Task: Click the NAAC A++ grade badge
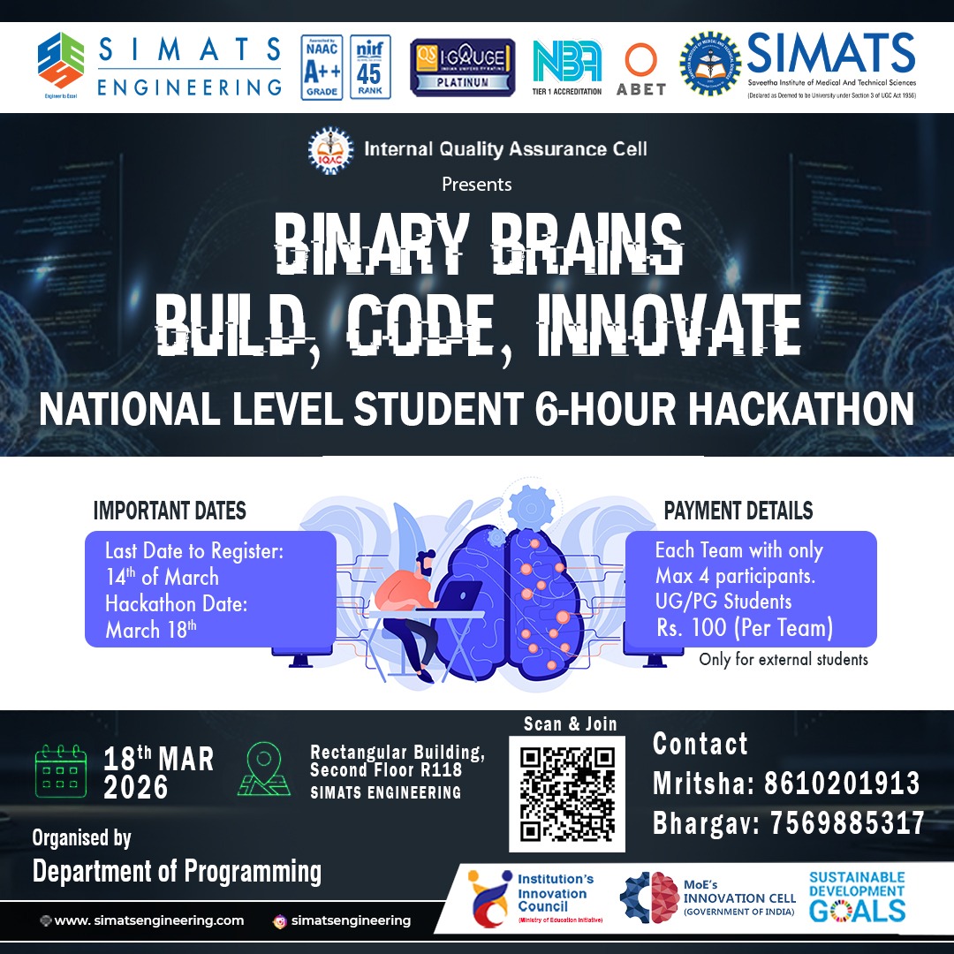click(322, 67)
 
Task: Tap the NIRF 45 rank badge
click(368, 67)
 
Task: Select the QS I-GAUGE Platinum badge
click(463, 67)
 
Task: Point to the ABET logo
click(641, 70)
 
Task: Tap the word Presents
click(477, 185)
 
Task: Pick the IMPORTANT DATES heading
click(170, 511)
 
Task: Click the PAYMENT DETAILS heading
click(738, 511)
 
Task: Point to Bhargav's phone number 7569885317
click(846, 823)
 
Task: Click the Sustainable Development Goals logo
click(858, 896)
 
